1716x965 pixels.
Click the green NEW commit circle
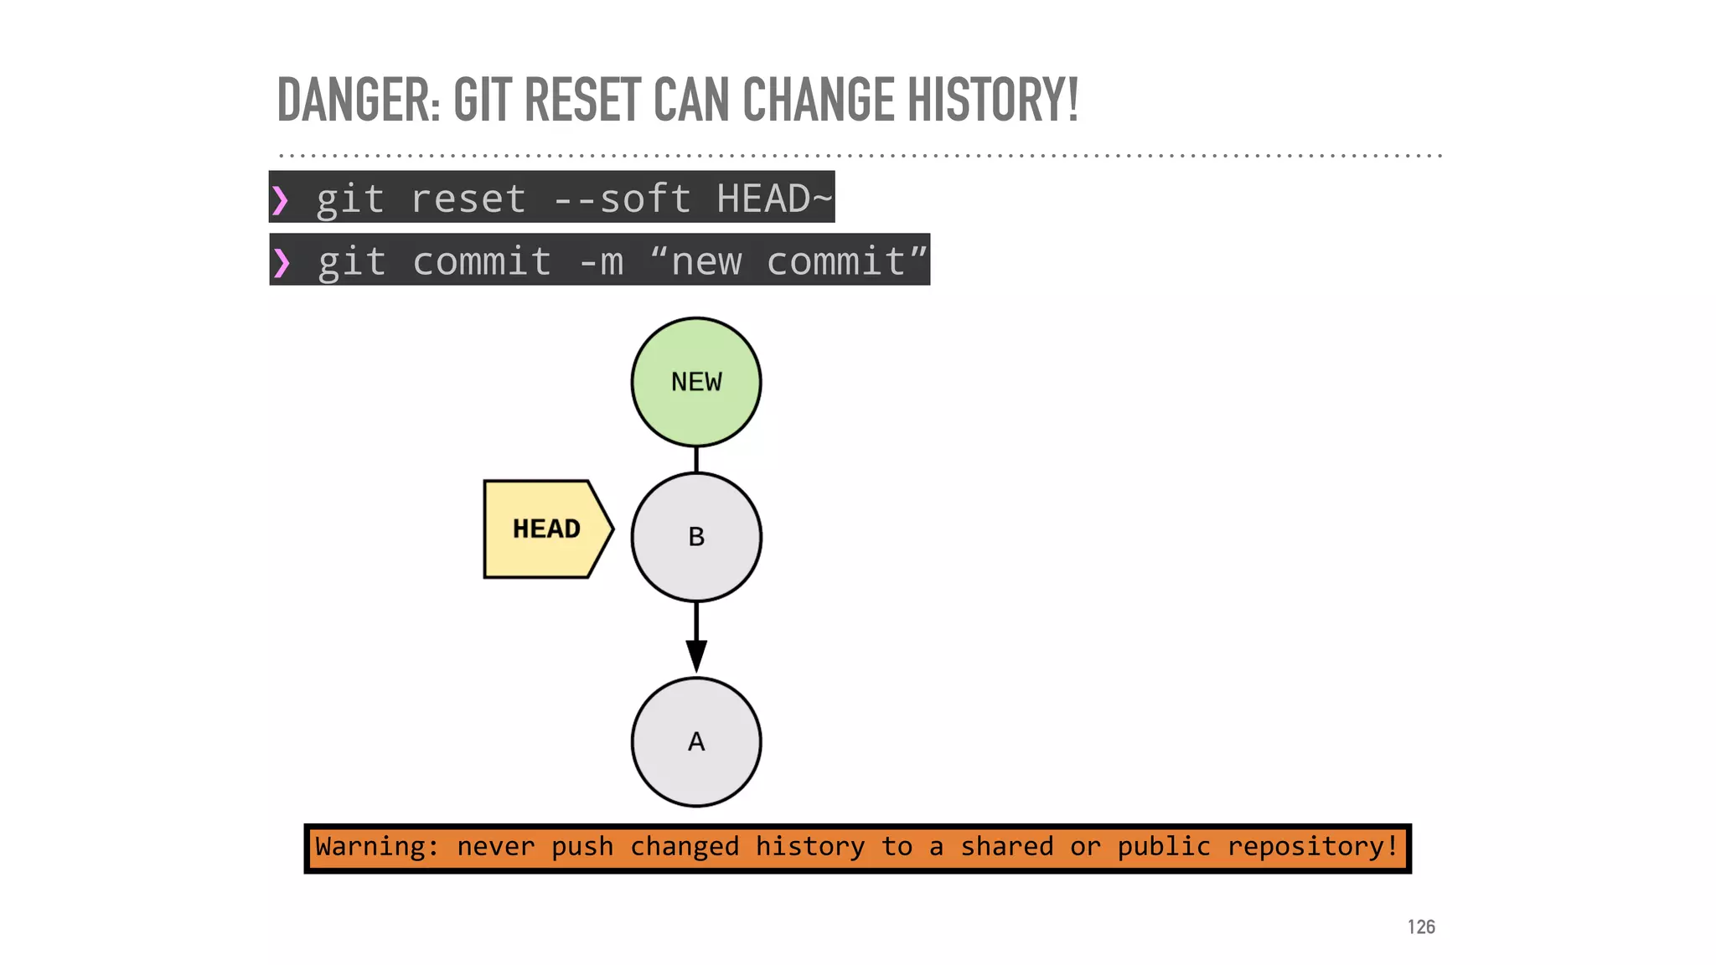click(x=695, y=382)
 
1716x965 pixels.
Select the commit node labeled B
click(x=695, y=537)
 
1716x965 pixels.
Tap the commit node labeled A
click(x=695, y=742)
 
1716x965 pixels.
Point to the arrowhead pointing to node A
click(x=695, y=655)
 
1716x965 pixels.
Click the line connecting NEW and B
click(x=695, y=460)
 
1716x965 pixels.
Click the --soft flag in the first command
click(x=623, y=199)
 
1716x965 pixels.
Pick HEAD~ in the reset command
click(x=773, y=199)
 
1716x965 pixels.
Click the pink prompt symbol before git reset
click(x=281, y=200)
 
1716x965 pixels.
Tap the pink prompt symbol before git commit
click(x=282, y=262)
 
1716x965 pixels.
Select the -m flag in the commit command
click(x=601, y=262)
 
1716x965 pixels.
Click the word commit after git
click(x=482, y=262)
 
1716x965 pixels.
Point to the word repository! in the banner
click(x=1313, y=847)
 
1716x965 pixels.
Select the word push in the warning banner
click(x=581, y=847)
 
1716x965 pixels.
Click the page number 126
click(x=1421, y=926)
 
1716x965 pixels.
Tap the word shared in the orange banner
click(x=1006, y=847)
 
